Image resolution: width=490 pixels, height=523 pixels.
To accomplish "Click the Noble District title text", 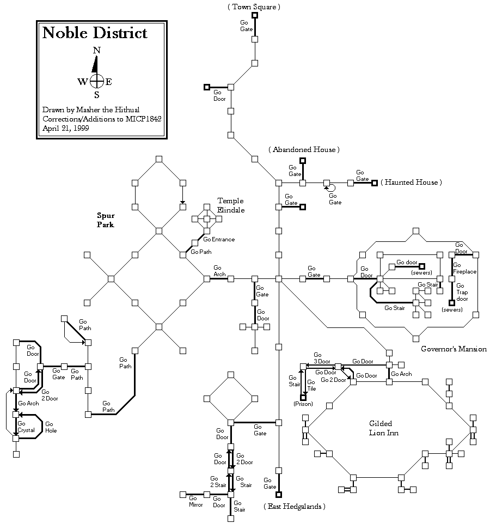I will pyautogui.click(x=95, y=33).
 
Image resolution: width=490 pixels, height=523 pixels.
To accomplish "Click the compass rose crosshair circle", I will pyautogui.click(x=96, y=82).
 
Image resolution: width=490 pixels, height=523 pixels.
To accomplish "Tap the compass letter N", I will pyautogui.click(x=96, y=50).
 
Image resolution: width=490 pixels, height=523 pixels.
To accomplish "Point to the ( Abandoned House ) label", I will pyautogui.click(x=304, y=149).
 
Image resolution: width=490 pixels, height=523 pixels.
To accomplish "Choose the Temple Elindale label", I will pyautogui.click(x=230, y=205).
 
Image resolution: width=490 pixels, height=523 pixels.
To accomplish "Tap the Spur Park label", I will pyautogui.click(x=106, y=220).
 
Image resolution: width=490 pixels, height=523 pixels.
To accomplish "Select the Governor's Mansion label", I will pyautogui.click(x=454, y=349).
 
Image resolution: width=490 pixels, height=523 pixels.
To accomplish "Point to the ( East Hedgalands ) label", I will pyautogui.click(x=294, y=507).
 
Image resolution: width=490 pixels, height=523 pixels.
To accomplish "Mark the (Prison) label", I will pyautogui.click(x=303, y=404).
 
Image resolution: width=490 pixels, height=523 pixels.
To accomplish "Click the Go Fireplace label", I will pyautogui.click(x=464, y=268).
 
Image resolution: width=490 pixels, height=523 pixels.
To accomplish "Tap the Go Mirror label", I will pyautogui.click(x=195, y=501).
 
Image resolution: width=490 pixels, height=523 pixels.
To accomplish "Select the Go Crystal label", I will pyautogui.click(x=26, y=427).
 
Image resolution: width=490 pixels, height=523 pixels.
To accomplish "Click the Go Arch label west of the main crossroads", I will pyautogui.click(x=218, y=271).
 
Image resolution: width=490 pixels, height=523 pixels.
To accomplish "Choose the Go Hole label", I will pyautogui.click(x=50, y=427).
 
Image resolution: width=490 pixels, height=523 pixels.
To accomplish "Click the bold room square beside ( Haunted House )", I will pyautogui.click(x=375, y=183).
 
